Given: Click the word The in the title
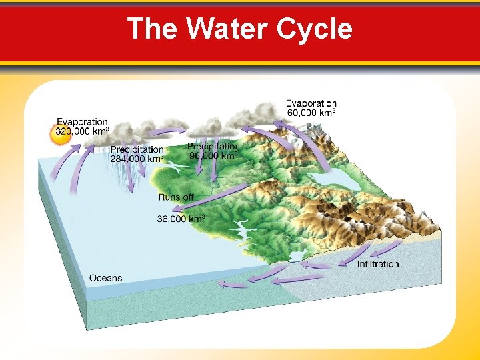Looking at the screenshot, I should tap(153, 29).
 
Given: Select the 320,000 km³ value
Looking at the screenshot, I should tap(83, 132).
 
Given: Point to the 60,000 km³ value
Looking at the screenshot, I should tap(311, 113).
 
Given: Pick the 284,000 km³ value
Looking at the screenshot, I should tap(137, 159).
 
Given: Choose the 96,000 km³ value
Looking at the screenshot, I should tap(213, 156).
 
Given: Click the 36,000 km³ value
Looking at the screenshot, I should tap(181, 219).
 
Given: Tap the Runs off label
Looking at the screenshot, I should tap(176, 197).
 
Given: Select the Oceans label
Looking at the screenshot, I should tap(105, 277).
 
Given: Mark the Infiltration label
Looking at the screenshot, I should tap(378, 264).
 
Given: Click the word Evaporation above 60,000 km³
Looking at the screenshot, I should tap(311, 103).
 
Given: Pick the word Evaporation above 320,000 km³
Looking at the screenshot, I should tap(82, 122).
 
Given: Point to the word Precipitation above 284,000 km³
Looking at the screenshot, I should tap(137, 149).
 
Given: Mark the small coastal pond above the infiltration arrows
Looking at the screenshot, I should tap(295, 256).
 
